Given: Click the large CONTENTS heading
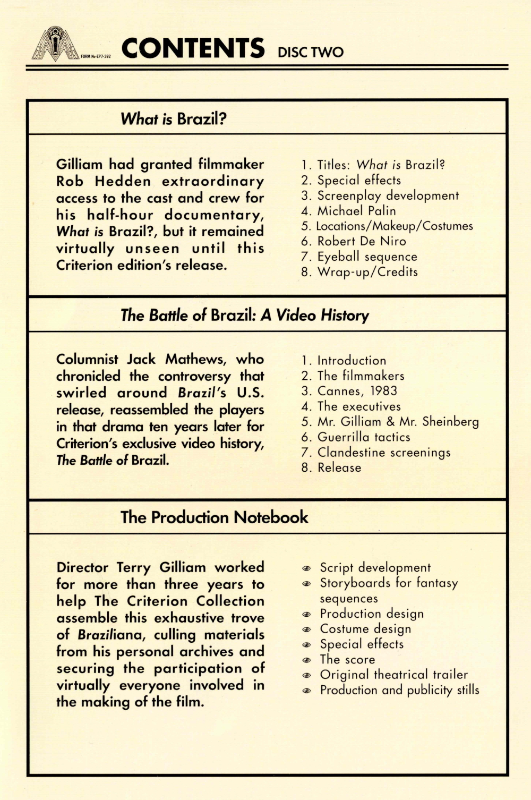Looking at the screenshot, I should pos(193,48).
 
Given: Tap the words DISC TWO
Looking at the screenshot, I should pos(311,52).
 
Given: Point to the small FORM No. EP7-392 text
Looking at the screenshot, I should pos(96,56).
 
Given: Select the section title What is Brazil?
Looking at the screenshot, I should pos(174,118).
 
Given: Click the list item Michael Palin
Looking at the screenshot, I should pos(356,210).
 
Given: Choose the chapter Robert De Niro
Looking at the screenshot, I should pos(362,241).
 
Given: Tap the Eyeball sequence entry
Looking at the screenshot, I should pos(367,257).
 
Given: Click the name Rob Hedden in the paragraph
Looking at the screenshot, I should pos(104,181).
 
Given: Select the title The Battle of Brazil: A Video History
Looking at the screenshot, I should pos(244,315).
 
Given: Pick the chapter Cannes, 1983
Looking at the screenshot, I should pos(357,391).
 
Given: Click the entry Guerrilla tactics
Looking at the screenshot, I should pos(364,437).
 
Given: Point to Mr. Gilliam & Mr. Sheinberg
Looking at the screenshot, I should pos(398,422).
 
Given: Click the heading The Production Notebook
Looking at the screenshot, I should pos(214,517).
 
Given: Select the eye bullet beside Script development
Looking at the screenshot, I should pos(306,568).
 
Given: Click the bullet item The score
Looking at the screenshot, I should pos(347,659).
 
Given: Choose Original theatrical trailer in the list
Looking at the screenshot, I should pos(393,675).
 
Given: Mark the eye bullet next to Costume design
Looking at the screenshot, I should pos(306,629).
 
